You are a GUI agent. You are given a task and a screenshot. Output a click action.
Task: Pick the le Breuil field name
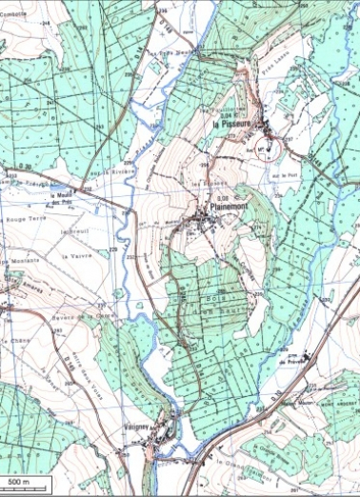pyautogui.click(x=72, y=229)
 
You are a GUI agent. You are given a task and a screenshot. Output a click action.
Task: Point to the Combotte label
pyautogui.click(x=13, y=4)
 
